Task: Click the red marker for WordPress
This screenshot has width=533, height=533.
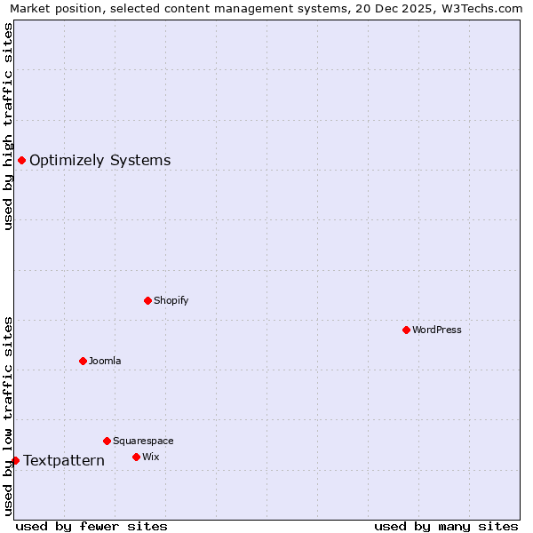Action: [x=406, y=330]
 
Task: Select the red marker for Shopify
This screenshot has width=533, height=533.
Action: [x=147, y=300]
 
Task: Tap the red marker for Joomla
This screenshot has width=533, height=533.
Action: [x=83, y=361]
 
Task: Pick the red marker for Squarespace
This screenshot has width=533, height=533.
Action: [x=107, y=441]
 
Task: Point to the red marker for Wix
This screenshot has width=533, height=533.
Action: [x=136, y=457]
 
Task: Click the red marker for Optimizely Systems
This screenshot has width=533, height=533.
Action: [x=21, y=160]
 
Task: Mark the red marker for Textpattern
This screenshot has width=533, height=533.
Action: [x=15, y=460]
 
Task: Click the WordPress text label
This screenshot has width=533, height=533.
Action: [x=437, y=330]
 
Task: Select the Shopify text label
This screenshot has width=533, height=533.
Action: [x=171, y=300]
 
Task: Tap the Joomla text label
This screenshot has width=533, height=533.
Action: [x=105, y=361]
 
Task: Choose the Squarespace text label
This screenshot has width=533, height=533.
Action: [x=143, y=441]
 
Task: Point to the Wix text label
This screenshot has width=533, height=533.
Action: [x=151, y=457]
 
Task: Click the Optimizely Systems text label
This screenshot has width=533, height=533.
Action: [x=100, y=161]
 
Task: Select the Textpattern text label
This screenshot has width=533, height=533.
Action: [x=64, y=460]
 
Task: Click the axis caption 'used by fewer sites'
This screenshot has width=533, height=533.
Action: [x=91, y=526]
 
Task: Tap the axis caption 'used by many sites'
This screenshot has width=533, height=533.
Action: [x=446, y=526]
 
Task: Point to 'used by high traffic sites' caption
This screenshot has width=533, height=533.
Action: [x=9, y=126]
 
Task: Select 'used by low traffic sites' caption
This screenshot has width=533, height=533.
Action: [x=9, y=416]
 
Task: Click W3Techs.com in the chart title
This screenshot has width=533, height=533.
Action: [x=481, y=8]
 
